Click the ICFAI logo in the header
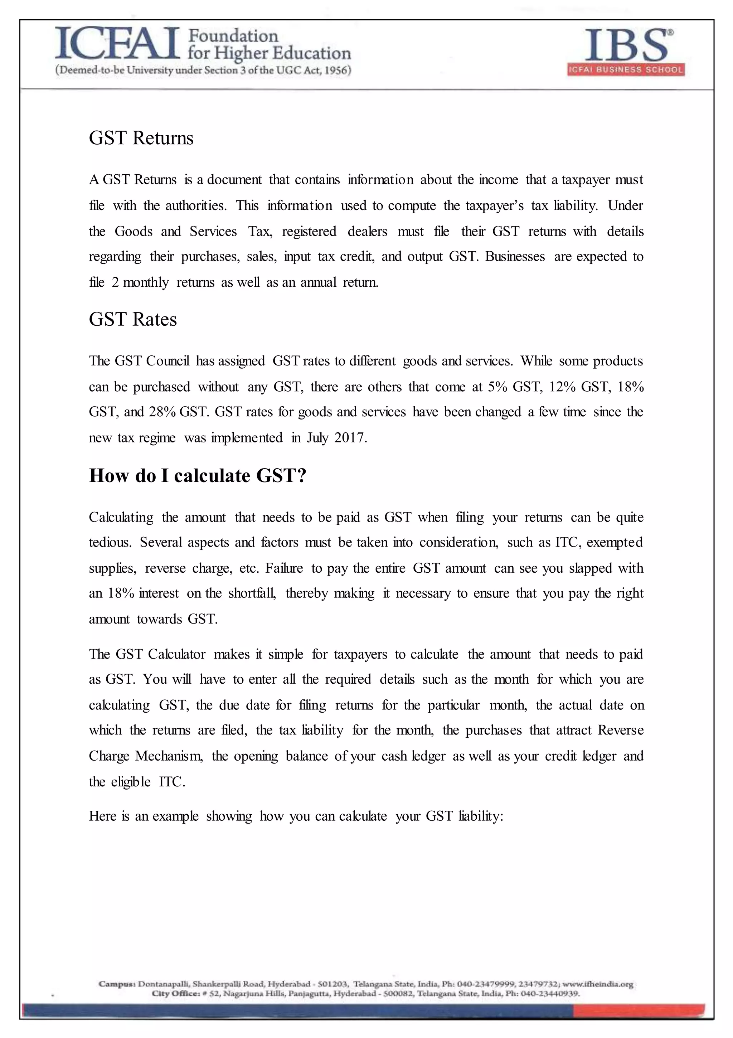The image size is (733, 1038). click(117, 44)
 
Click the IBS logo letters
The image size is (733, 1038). click(626, 45)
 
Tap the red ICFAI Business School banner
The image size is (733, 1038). click(626, 70)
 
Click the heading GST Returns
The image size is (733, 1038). click(141, 138)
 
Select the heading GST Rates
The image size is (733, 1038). click(133, 319)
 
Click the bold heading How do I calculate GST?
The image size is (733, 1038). click(198, 476)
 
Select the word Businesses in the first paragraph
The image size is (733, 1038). click(515, 256)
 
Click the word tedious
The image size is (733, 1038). click(110, 542)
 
